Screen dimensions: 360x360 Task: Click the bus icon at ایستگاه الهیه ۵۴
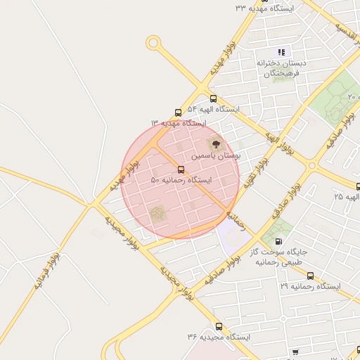214,98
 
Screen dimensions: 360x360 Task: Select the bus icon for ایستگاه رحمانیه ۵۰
181,169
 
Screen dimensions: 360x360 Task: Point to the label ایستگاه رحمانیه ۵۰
177,181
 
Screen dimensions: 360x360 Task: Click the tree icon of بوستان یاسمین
216,143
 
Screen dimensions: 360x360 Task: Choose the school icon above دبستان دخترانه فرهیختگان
282,52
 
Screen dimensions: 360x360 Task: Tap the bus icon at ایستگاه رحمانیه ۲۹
310,276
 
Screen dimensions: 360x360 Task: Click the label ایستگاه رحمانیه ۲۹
309,287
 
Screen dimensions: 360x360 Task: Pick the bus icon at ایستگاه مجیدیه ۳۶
219,327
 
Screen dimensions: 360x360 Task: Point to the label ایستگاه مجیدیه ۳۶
219,338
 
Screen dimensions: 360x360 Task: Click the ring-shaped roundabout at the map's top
153,43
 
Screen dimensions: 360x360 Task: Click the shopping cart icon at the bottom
295,352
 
